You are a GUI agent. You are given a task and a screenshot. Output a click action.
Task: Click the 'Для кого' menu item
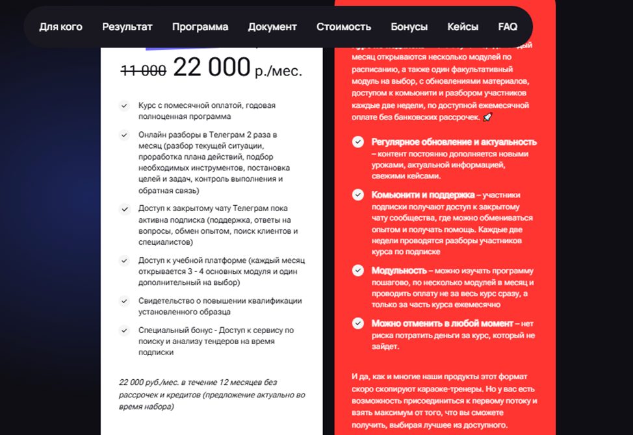[60, 27]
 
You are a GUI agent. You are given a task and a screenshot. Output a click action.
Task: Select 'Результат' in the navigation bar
[127, 27]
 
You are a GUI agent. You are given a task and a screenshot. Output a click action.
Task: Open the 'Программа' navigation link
[200, 27]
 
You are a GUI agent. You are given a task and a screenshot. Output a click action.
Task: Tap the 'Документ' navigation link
[272, 27]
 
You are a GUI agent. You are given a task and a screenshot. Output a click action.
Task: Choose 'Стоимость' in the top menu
[344, 27]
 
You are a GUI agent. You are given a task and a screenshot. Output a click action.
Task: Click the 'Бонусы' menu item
[409, 27]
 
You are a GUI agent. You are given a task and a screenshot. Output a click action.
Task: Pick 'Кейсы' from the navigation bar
[463, 27]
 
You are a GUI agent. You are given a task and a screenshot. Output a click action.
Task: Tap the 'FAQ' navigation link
[508, 27]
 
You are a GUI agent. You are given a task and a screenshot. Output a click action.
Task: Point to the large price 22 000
[211, 67]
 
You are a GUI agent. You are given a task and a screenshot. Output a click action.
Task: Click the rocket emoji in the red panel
[488, 118]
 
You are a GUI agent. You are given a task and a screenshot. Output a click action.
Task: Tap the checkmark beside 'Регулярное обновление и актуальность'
[358, 142]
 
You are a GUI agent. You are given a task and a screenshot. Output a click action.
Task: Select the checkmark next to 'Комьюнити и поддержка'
[358, 194]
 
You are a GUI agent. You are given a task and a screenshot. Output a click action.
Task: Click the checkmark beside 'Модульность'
[358, 270]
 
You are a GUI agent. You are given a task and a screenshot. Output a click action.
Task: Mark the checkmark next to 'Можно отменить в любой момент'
[358, 323]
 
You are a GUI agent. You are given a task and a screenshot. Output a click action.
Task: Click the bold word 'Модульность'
[399, 270]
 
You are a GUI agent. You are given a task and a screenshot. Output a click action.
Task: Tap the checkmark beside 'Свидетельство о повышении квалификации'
[124, 301]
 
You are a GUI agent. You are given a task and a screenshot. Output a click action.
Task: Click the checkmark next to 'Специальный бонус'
[124, 330]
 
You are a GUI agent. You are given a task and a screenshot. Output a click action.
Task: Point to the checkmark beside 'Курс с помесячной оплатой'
[124, 105]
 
